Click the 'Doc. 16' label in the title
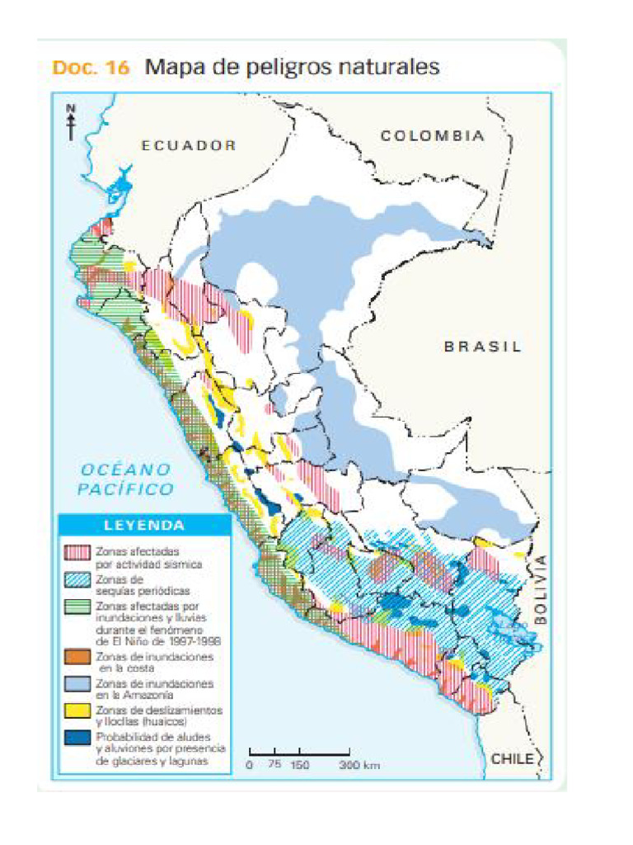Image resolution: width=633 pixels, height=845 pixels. coord(91,68)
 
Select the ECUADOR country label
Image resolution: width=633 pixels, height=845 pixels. coord(189,145)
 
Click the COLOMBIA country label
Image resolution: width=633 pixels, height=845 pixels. coord(432,136)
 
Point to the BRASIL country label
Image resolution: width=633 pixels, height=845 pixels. coord(483,347)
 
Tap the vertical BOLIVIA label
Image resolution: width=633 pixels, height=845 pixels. coord(541,588)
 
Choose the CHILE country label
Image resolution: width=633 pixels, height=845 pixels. coord(513,758)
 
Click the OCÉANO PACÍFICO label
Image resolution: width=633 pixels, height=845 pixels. coord(126,479)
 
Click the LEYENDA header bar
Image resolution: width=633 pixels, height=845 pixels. coord(143,525)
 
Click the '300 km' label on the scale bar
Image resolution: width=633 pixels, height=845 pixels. coord(360,766)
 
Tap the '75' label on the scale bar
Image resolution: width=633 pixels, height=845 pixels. coord(274,766)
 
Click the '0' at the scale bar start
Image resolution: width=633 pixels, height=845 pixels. coord(250,766)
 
